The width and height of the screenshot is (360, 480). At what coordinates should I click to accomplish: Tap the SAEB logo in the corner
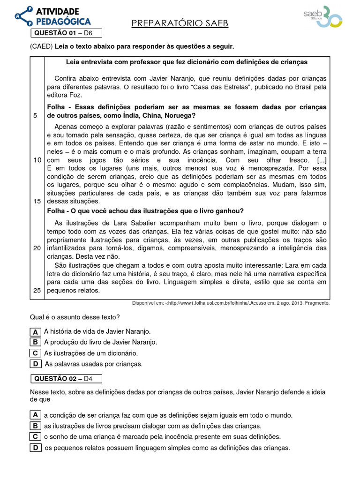(x=323, y=17)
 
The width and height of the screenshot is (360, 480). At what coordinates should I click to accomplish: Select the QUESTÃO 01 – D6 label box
(x=66, y=33)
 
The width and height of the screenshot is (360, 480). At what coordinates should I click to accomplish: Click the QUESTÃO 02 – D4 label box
(x=66, y=379)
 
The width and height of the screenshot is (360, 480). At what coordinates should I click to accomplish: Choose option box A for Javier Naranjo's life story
(x=35, y=332)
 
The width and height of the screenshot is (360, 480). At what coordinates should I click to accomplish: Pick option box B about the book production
(x=35, y=342)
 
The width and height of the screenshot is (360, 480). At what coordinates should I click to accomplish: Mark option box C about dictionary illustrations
(x=35, y=353)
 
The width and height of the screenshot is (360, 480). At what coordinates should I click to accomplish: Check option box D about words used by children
(x=35, y=363)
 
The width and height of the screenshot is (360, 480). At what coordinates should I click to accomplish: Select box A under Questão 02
(x=35, y=415)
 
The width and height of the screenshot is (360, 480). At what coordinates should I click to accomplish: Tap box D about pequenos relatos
(x=35, y=448)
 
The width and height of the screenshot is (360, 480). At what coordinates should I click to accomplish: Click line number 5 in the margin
(x=36, y=116)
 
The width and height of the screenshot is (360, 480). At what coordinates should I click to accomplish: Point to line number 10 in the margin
(x=37, y=160)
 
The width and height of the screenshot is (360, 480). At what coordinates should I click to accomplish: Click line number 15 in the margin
(x=37, y=201)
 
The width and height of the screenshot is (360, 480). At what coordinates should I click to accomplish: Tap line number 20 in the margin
(x=37, y=248)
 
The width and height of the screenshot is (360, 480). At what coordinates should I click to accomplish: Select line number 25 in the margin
(x=37, y=290)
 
